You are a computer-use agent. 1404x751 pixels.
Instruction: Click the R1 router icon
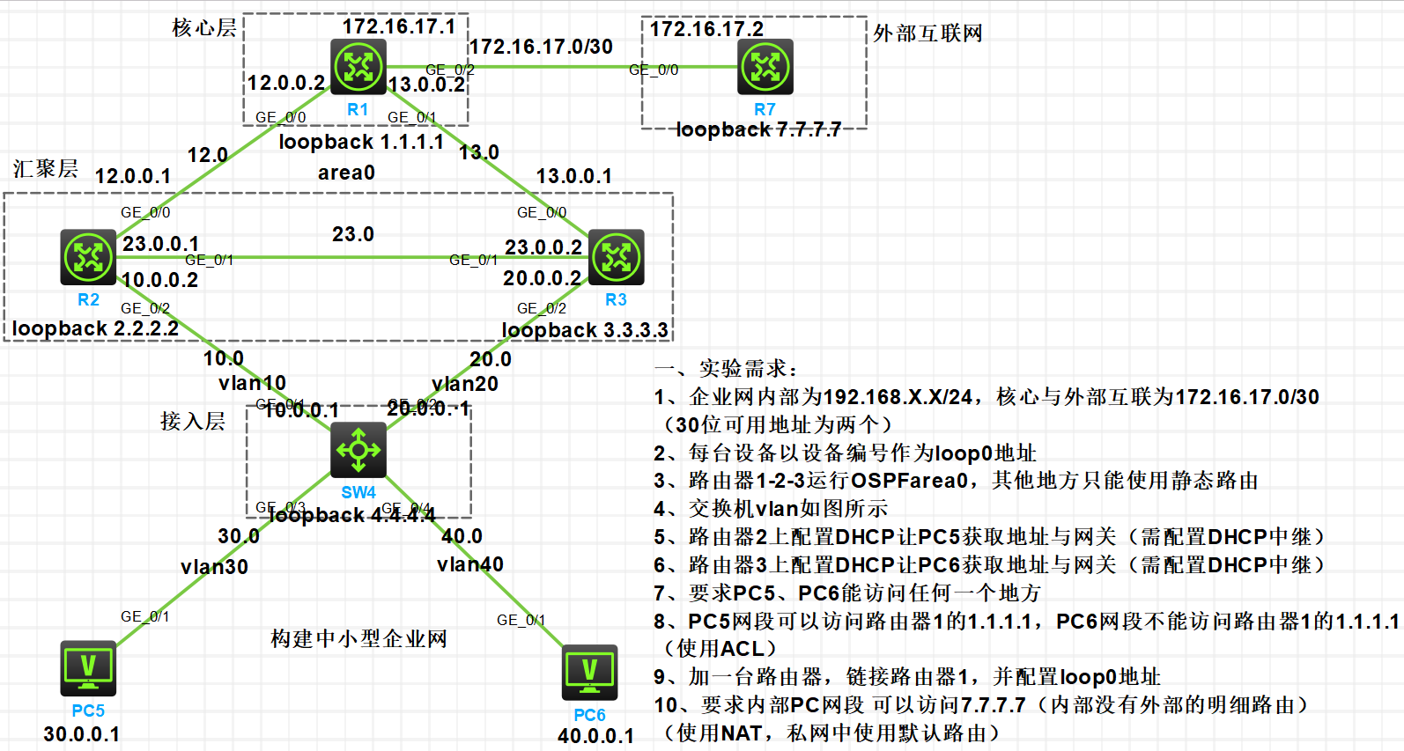click(x=358, y=66)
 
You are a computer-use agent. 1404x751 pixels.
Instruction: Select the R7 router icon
click(x=765, y=67)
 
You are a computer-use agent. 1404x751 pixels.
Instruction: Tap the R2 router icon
click(x=88, y=257)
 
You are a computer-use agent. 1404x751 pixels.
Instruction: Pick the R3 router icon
click(x=616, y=257)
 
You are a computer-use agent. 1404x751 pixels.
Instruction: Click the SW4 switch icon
click(x=358, y=450)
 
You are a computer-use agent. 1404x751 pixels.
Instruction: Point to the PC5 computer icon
click(x=88, y=668)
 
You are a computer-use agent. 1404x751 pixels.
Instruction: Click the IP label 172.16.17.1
click(x=398, y=26)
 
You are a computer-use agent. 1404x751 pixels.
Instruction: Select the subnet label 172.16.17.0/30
click(x=541, y=47)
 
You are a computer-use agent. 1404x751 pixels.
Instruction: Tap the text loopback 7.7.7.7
click(x=757, y=129)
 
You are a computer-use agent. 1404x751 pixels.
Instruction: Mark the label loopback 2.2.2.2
click(x=95, y=328)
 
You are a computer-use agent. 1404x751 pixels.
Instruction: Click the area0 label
click(x=346, y=173)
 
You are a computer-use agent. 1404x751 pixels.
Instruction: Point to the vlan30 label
click(x=214, y=567)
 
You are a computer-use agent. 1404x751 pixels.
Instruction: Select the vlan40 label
click(x=469, y=564)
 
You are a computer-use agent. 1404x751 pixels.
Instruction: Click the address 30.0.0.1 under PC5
click(x=81, y=734)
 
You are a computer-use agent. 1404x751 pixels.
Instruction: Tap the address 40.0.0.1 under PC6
click(x=595, y=736)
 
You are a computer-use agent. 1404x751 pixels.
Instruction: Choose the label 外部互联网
click(x=927, y=33)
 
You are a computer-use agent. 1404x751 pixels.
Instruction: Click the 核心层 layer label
click(x=203, y=28)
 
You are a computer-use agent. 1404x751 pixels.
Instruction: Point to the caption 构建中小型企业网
click(x=358, y=638)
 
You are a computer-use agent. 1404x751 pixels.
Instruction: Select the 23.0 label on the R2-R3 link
click(x=352, y=234)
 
